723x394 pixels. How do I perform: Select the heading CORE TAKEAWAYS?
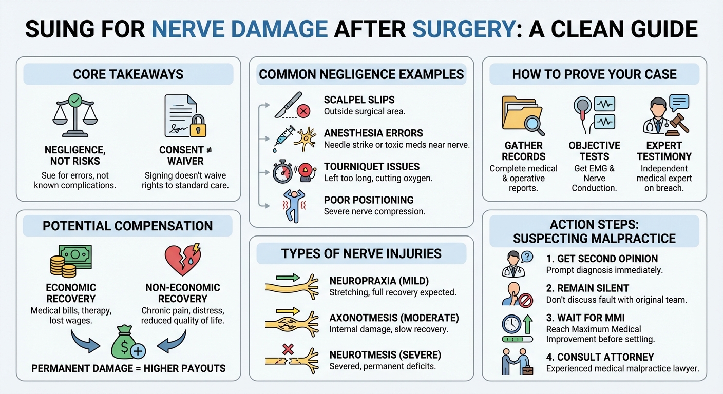pyautogui.click(x=128, y=74)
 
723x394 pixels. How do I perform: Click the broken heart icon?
pyautogui.click(x=181, y=260)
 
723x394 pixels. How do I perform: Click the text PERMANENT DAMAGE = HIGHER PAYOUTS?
pyautogui.click(x=128, y=368)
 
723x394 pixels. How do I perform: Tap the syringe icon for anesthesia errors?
pyautogui.click(x=284, y=138)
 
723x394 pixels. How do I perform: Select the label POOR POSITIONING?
pyautogui.click(x=369, y=200)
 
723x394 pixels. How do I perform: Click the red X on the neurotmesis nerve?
pyautogui.click(x=288, y=350)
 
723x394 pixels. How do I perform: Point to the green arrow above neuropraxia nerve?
pyautogui.click(x=291, y=278)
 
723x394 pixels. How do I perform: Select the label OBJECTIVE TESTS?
pyautogui.click(x=594, y=151)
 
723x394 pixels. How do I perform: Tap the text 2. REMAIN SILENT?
pyautogui.click(x=587, y=288)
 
